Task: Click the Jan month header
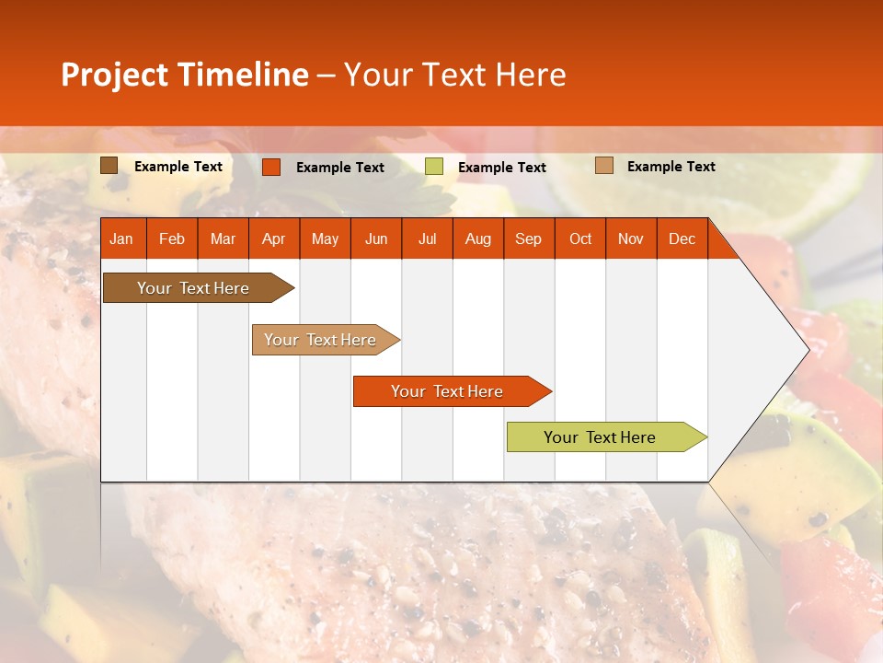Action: [121, 238]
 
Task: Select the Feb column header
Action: [172, 238]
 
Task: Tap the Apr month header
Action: [273, 238]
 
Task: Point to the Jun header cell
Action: [376, 238]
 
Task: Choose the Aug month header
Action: [477, 238]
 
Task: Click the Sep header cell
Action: [528, 238]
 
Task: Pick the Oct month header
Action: [580, 238]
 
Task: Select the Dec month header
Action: [682, 238]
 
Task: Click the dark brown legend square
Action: [109, 166]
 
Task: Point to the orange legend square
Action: [271, 167]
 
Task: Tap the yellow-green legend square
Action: [434, 167]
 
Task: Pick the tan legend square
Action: [604, 166]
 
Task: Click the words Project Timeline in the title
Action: [185, 75]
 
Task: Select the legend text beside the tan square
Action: [671, 167]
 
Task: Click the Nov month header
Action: [631, 238]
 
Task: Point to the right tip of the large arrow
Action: [807, 349]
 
